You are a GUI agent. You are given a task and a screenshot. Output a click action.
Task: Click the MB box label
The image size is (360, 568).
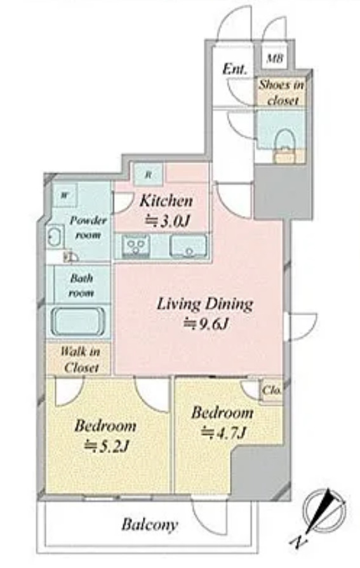274,59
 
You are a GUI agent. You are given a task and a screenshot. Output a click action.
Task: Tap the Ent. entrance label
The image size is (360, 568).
234,69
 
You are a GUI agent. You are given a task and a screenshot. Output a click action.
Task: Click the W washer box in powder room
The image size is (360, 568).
64,194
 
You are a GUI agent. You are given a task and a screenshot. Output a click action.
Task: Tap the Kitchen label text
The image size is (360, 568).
165,201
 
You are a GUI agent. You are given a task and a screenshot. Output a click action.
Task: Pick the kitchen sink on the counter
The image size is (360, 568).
188,246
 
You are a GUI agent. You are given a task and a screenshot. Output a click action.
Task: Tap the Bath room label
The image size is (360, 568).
81,286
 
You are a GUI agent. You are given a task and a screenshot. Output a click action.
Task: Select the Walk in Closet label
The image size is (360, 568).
79,359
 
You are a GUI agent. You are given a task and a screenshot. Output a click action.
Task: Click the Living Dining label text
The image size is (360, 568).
204,304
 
